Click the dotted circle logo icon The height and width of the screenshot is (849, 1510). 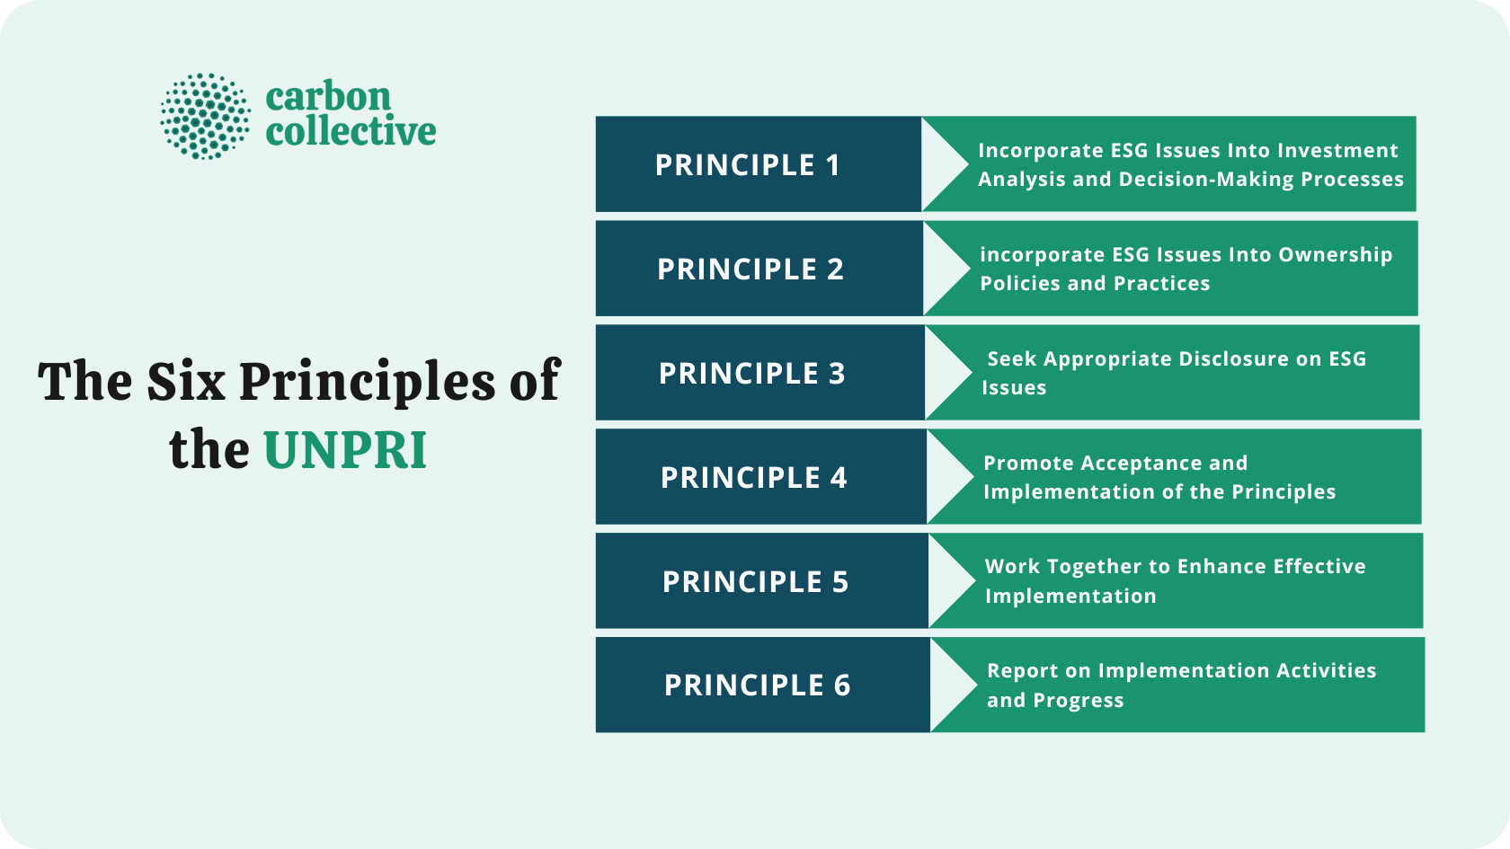coord(205,117)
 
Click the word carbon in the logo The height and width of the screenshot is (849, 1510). coord(328,96)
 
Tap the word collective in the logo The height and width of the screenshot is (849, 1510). coord(351,132)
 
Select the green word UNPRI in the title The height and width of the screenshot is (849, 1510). coord(344,450)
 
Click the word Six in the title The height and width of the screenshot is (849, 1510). coord(186,381)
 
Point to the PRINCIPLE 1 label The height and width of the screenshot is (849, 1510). coord(748,165)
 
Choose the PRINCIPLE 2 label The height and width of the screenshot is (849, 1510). coord(751,270)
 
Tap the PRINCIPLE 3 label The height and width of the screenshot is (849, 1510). coord(752,374)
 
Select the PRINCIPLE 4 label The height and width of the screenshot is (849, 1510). coord(754,478)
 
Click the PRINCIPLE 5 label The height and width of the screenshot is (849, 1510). coord(756,582)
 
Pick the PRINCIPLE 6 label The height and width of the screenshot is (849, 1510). coord(758,685)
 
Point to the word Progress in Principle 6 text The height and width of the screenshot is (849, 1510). coord(1079,701)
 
